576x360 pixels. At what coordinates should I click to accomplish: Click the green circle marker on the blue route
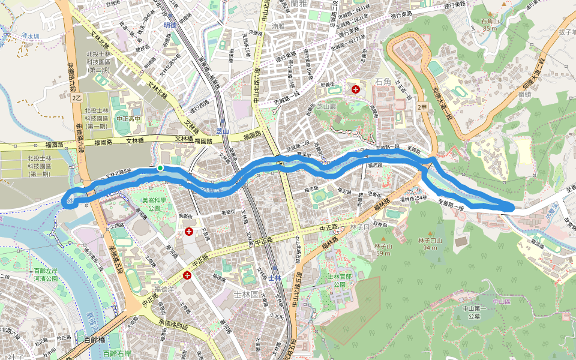pyautogui.click(x=160, y=168)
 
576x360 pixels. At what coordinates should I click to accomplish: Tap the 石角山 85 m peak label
pyautogui.click(x=490, y=24)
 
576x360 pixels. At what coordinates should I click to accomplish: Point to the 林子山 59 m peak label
pyautogui.click(x=384, y=250)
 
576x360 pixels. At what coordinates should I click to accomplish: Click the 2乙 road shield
pyautogui.click(x=76, y=97)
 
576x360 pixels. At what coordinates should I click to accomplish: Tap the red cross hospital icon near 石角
pyautogui.click(x=356, y=89)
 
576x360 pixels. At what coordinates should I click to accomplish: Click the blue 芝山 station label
pyautogui.click(x=223, y=131)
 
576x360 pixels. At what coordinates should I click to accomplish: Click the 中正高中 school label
pyautogui.click(x=127, y=119)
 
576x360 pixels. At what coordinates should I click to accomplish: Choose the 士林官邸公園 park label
pyautogui.click(x=343, y=280)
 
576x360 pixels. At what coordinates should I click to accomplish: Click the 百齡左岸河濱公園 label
pyautogui.click(x=46, y=275)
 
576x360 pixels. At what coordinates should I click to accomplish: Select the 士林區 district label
pyautogui.click(x=245, y=294)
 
